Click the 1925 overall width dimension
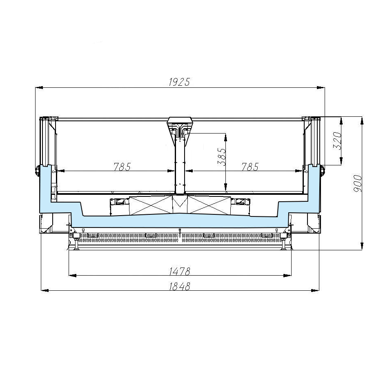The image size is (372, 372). (x=179, y=82)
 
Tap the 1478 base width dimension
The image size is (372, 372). (x=180, y=271)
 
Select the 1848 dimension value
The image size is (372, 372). (x=180, y=286)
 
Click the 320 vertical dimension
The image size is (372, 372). (x=337, y=141)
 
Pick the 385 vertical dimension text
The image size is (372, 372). (x=221, y=157)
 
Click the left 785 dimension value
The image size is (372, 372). (x=122, y=167)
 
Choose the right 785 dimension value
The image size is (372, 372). (x=250, y=167)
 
